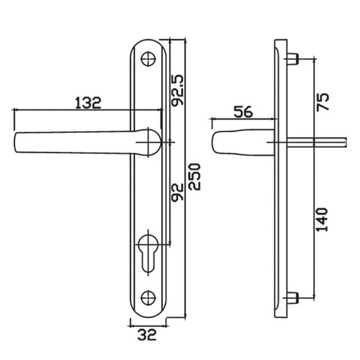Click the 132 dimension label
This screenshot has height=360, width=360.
pyautogui.click(x=88, y=102)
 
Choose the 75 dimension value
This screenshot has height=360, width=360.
pyautogui.click(x=324, y=101)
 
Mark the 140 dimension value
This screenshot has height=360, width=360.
pyautogui.click(x=324, y=219)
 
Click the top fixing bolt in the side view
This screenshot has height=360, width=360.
pyautogui.click(x=292, y=59)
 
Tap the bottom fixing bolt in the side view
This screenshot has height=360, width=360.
pyautogui.click(x=292, y=298)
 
